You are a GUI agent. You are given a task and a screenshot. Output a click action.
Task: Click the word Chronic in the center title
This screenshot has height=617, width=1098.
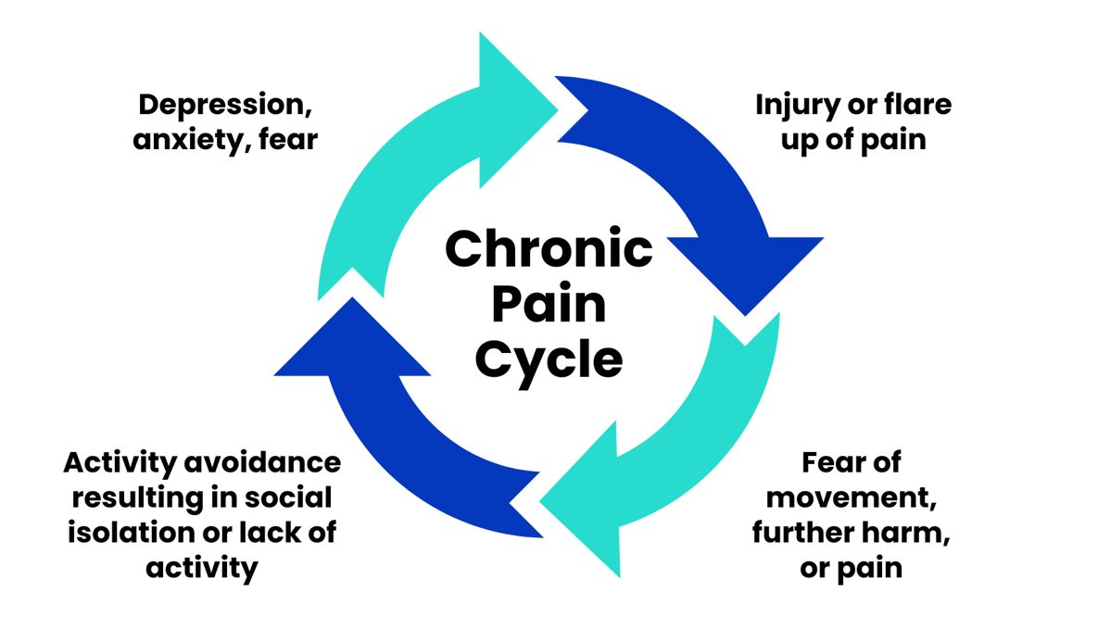(549, 248)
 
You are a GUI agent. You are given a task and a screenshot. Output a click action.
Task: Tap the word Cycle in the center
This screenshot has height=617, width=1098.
(549, 359)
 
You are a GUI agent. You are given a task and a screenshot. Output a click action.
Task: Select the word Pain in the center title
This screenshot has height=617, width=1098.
(549, 303)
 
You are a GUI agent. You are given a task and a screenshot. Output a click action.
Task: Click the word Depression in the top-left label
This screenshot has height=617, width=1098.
(224, 105)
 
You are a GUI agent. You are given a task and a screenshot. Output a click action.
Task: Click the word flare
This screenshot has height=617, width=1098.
(915, 105)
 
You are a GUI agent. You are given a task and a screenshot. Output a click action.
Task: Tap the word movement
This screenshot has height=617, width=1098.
(851, 497)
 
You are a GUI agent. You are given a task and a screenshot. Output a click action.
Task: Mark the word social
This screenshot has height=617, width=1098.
(287, 497)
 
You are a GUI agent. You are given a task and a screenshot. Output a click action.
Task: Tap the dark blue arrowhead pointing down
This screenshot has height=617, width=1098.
(746, 269)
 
